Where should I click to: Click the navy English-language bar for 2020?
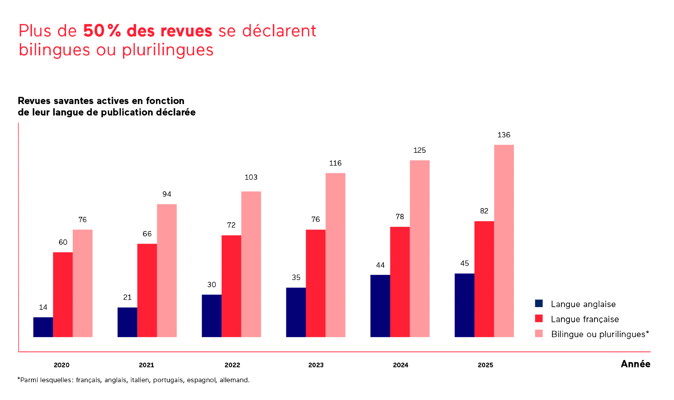point(43,327)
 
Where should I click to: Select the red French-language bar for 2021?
point(147,290)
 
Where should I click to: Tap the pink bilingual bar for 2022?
point(251,264)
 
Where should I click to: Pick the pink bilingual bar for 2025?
point(504,241)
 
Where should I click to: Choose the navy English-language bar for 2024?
point(380,306)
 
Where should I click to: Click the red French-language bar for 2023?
point(315,283)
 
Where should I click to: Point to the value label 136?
point(504,135)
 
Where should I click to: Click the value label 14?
point(43,307)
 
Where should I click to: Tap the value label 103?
point(251,177)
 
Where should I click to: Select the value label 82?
point(484,211)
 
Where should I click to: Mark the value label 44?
point(380,265)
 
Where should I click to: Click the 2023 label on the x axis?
point(316,365)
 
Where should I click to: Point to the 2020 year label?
point(62,365)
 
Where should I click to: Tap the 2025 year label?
point(485,365)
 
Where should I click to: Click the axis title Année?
point(635,364)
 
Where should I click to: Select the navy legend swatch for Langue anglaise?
point(539,303)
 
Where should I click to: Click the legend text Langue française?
point(585,319)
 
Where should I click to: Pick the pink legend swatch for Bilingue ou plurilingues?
point(539,333)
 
